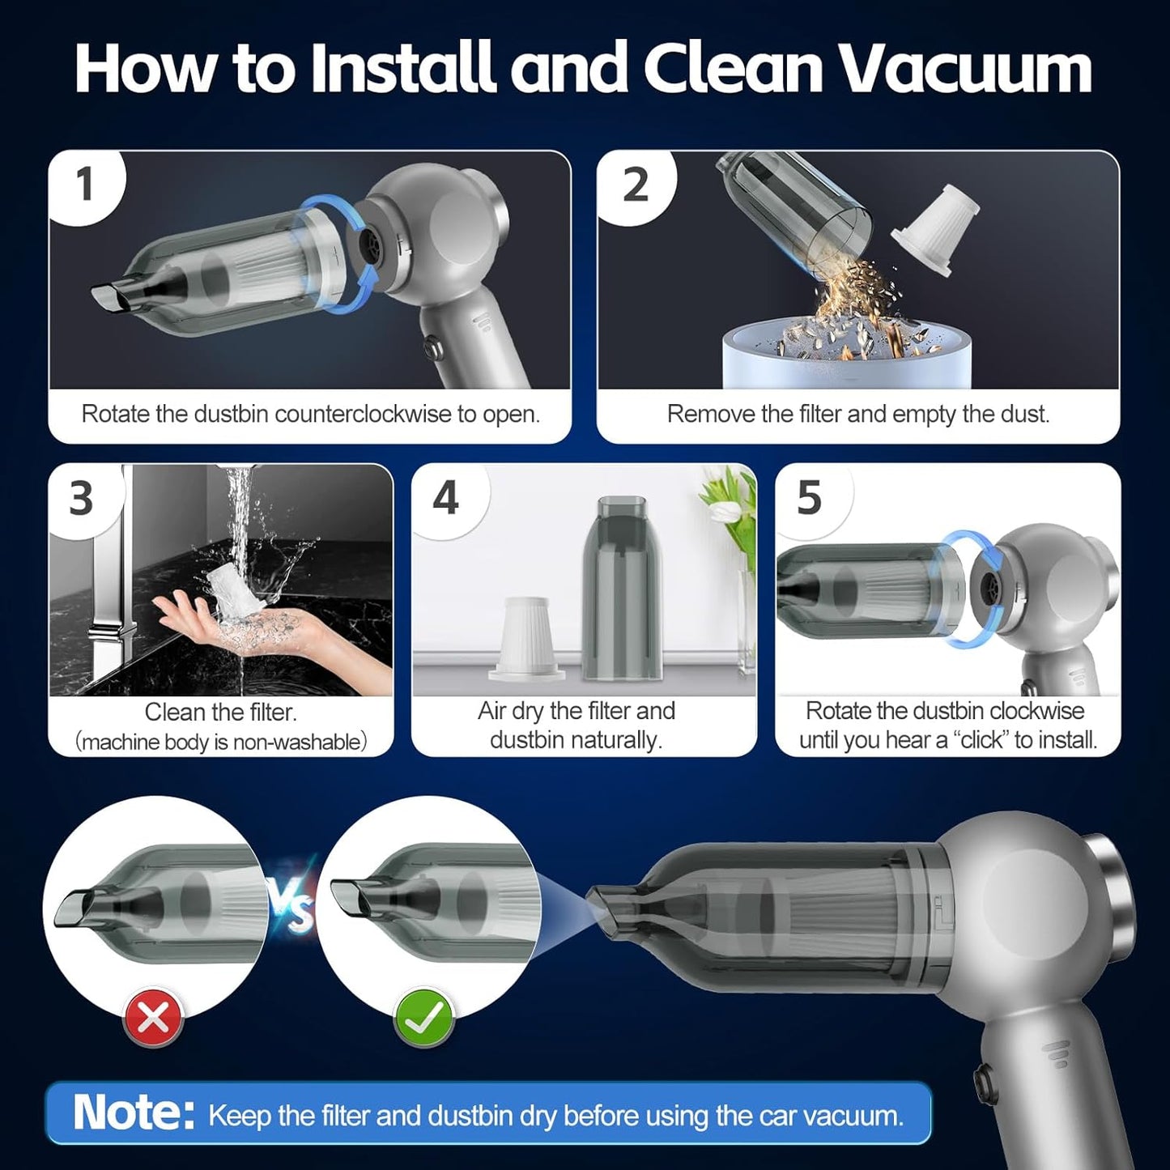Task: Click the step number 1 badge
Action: pos(85,185)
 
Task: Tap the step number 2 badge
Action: pos(635,185)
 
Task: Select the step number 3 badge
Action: pos(81,497)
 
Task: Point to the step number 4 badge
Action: pos(445,497)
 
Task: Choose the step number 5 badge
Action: pos(809,497)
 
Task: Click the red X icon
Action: pos(153,1018)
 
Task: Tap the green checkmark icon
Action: pos(423,1018)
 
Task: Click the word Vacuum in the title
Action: pos(964,68)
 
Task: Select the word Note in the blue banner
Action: pos(133,1113)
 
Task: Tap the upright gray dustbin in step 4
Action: pos(622,587)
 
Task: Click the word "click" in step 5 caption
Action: pos(980,740)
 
